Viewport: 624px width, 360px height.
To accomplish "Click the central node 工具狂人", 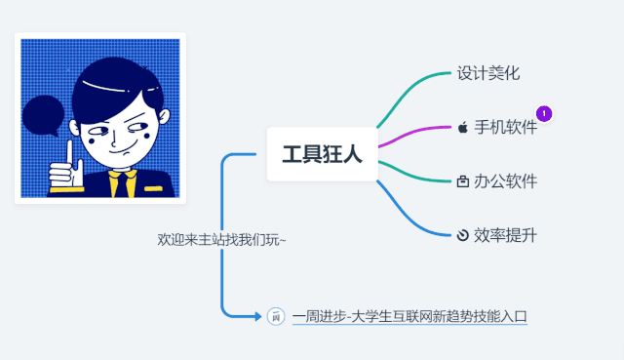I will tap(322, 154).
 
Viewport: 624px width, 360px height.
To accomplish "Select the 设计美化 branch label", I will tap(488, 73).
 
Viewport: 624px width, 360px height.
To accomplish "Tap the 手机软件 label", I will tap(505, 128).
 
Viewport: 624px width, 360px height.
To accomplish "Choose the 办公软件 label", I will tap(505, 181).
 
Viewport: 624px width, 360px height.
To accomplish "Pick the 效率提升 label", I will tap(505, 235).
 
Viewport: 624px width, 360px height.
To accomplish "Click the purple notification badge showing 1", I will tap(544, 113).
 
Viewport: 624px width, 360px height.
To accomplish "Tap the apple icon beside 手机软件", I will tap(462, 128).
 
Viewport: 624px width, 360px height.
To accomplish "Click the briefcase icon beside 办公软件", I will tap(462, 181).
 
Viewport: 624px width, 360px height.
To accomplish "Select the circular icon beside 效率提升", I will tap(462, 235).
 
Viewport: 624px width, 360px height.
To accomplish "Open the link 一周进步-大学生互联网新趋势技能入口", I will tap(409, 316).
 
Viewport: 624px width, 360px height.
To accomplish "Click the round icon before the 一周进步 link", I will tap(275, 316).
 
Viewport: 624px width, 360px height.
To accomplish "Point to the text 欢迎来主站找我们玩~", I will tap(222, 239).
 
